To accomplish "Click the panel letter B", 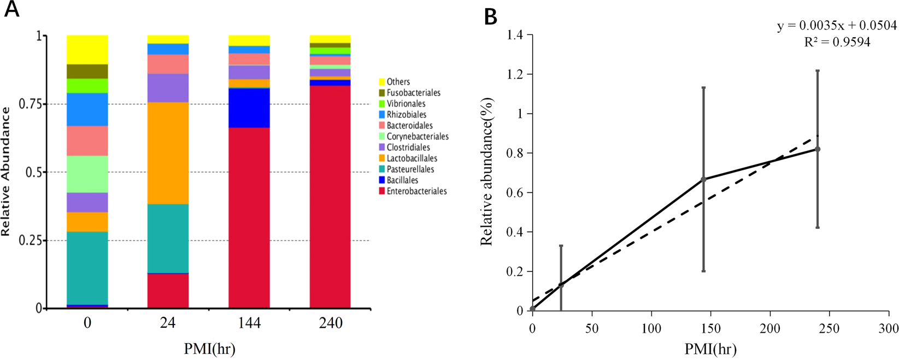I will pos(490,17).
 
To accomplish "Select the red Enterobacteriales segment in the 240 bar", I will pos(330,197).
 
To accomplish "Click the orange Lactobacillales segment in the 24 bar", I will pos(168,153).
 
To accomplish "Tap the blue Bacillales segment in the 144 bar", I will pos(249,108).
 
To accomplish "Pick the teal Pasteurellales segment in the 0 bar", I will pos(87,268).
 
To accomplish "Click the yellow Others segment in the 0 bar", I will pos(87,49).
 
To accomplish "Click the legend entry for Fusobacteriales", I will pos(413,93).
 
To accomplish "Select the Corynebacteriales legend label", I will pos(418,137).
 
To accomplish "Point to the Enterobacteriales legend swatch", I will pos(381,191).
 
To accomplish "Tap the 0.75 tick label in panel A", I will pos(31,104).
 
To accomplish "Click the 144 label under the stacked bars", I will pos(249,323).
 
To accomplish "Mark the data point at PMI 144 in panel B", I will pos(703,179).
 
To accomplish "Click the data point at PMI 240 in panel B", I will pos(818,149).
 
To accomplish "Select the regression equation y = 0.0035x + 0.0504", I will pos(837,26).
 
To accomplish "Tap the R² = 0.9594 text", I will pos(837,42).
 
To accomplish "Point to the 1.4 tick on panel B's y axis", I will pos(516,36).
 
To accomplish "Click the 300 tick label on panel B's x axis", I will pos(889,329).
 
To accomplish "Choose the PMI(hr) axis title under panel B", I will pos(710,349).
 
